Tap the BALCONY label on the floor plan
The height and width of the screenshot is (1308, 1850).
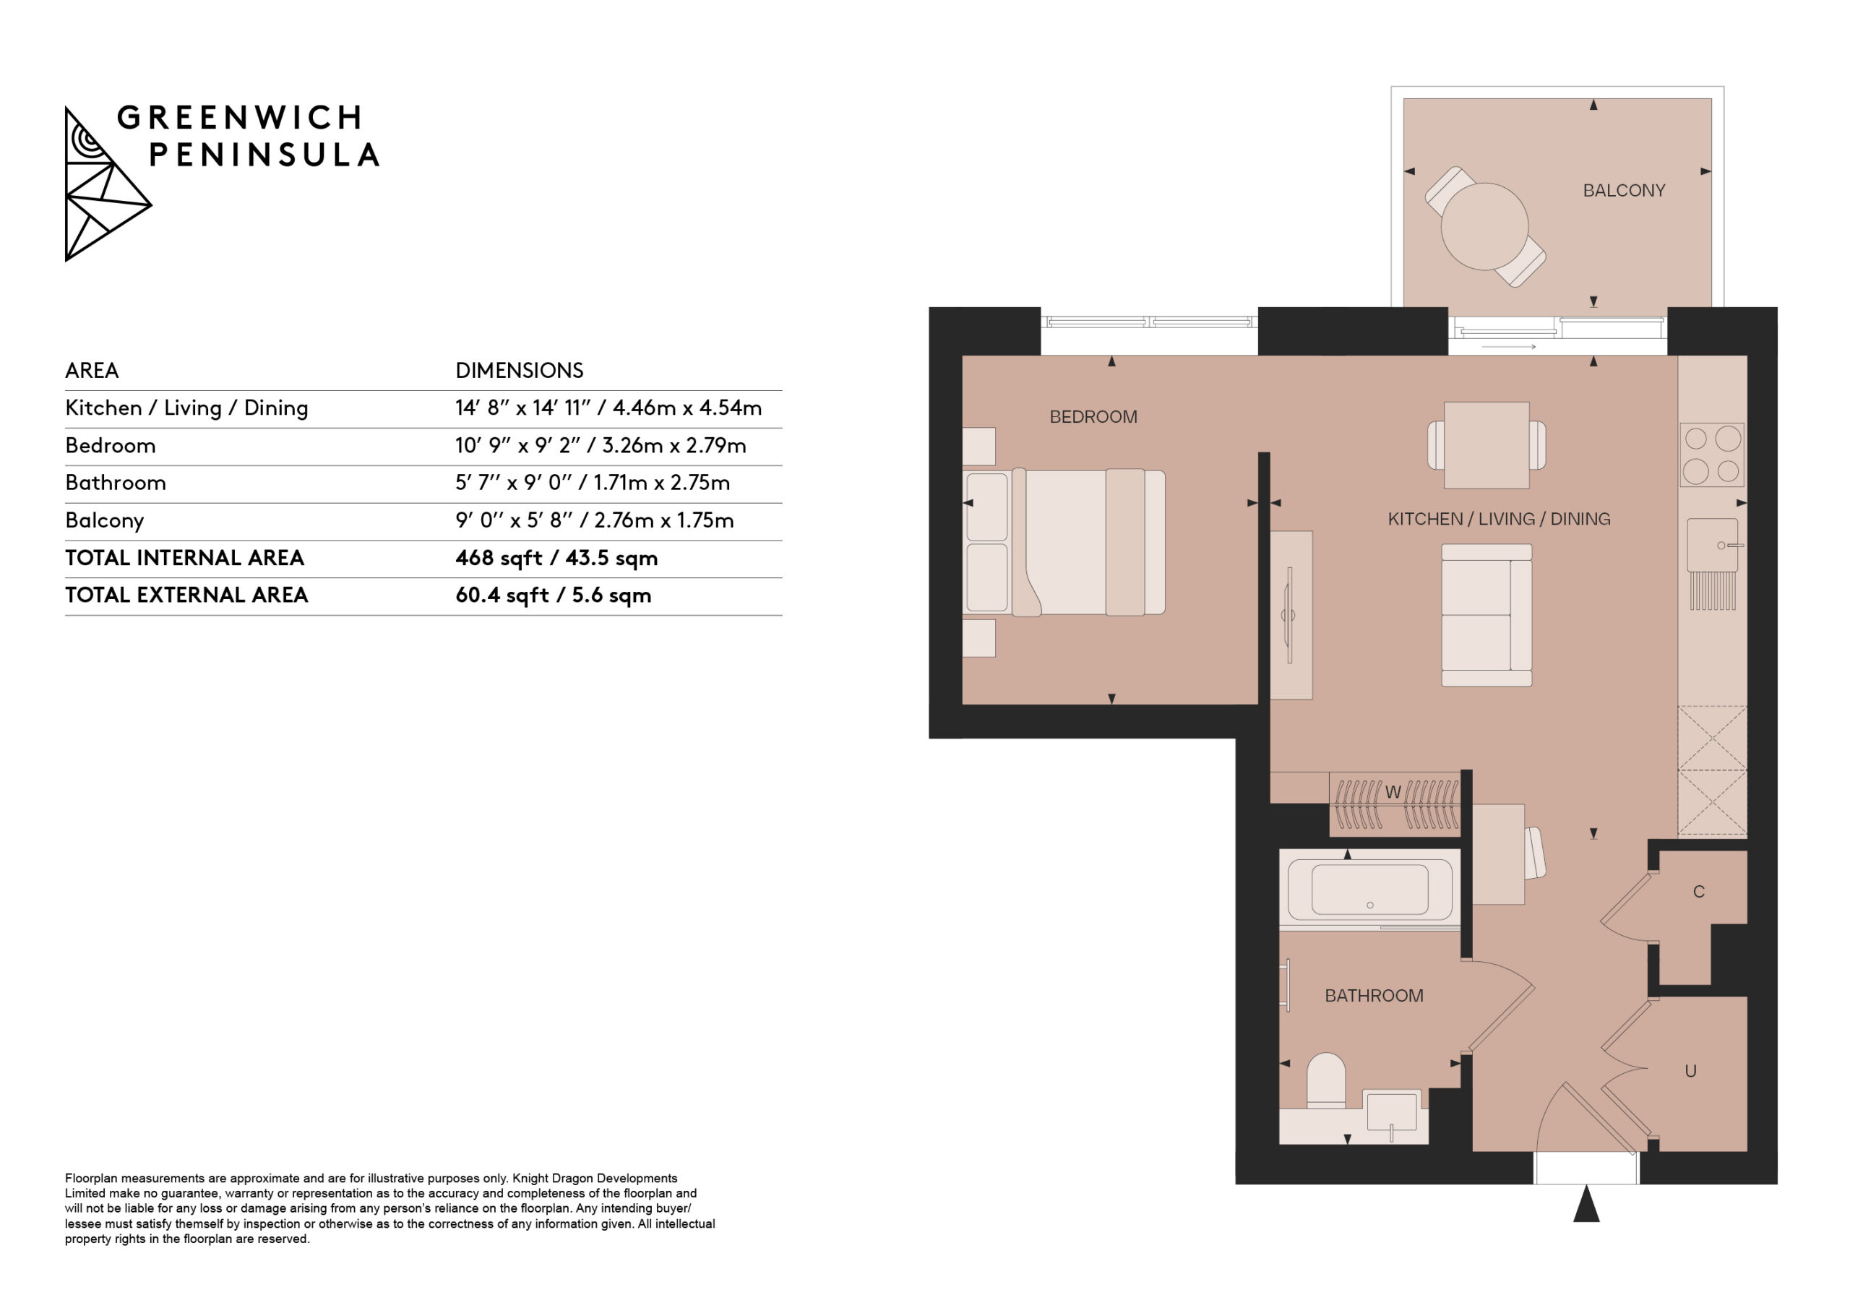click(1624, 190)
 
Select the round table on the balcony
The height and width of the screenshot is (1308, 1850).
click(1484, 226)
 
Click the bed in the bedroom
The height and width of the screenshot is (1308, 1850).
click(1064, 543)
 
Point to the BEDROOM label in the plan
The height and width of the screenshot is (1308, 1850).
click(1093, 417)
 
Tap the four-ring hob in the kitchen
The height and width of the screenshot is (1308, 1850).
click(1711, 455)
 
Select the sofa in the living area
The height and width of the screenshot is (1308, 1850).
click(1487, 615)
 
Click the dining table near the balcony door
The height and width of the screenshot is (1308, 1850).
click(1487, 445)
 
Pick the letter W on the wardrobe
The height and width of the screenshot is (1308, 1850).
click(1393, 792)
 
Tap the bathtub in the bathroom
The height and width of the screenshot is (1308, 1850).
click(1369, 890)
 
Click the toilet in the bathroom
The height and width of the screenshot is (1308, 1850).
click(1325, 1080)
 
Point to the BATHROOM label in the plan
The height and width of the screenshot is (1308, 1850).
click(1374, 995)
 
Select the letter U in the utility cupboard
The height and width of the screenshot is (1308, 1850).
click(1690, 1071)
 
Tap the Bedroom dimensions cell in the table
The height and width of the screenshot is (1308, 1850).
click(601, 446)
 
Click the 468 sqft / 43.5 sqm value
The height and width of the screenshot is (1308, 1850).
click(556, 558)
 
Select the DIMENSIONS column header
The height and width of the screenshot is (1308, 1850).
click(519, 371)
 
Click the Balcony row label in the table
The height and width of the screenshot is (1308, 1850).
click(105, 520)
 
